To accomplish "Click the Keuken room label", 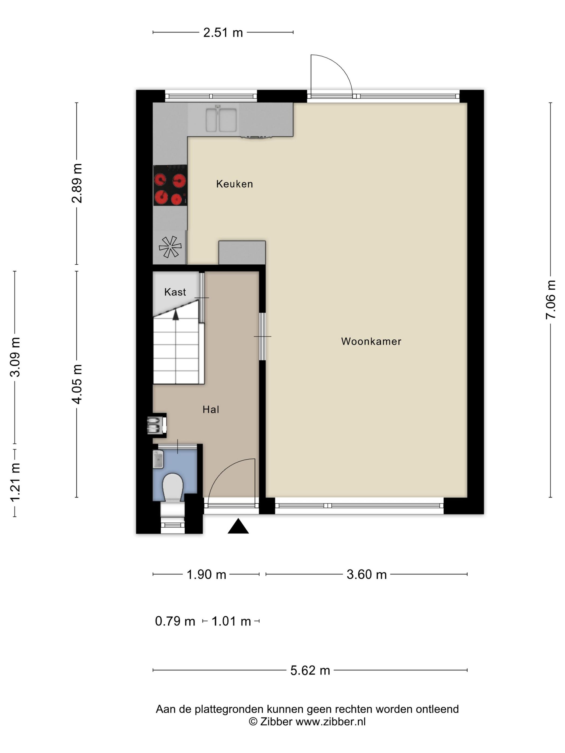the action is [x=234, y=184].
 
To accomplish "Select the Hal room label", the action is [x=211, y=410].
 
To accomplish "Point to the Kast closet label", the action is [x=175, y=292].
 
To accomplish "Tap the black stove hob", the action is [x=170, y=186].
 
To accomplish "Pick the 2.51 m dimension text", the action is [x=223, y=33].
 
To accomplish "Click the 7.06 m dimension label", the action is [x=550, y=300].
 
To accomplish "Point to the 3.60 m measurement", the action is [x=366, y=575].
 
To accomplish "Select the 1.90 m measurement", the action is [x=206, y=575].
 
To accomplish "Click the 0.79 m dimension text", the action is [x=175, y=621].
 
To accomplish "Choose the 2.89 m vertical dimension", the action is [x=77, y=183].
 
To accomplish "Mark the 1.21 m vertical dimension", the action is [x=15, y=482].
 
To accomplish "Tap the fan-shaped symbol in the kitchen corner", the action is [x=170, y=247].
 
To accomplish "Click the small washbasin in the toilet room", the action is [x=158, y=459].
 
